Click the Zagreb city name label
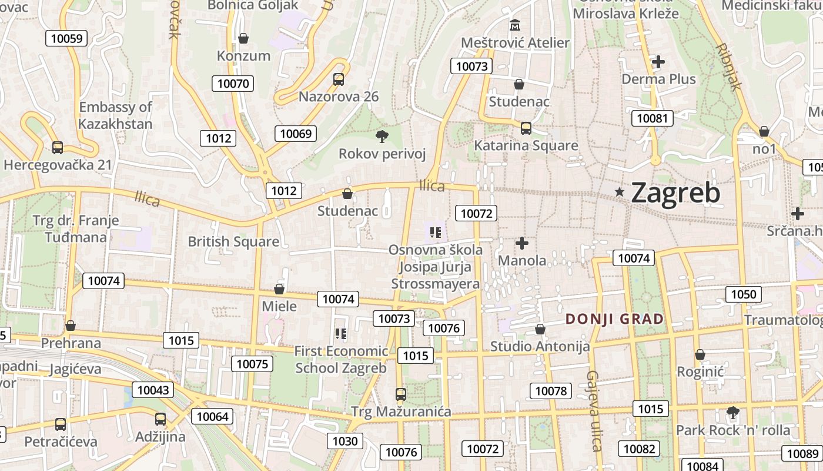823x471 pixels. (675, 193)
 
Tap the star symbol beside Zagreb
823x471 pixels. (619, 192)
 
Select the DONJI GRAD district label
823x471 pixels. (614, 319)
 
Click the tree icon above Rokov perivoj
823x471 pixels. (382, 137)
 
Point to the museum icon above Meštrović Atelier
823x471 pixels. (516, 25)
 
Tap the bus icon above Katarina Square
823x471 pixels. (526, 128)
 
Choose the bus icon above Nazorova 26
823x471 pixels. (339, 79)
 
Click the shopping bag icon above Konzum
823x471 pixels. (243, 38)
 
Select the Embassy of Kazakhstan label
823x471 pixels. (115, 115)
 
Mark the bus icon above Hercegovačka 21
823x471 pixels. (58, 147)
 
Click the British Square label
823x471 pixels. (233, 241)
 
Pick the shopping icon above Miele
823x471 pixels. (279, 289)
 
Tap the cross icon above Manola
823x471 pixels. (522, 243)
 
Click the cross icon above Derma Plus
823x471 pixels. (658, 61)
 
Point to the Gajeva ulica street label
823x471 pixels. (594, 410)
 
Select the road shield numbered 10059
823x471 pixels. (66, 39)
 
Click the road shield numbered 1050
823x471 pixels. (743, 294)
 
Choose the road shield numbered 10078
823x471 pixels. (551, 390)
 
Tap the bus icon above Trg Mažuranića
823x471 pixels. (401, 394)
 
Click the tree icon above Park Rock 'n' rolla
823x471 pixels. (733, 412)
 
